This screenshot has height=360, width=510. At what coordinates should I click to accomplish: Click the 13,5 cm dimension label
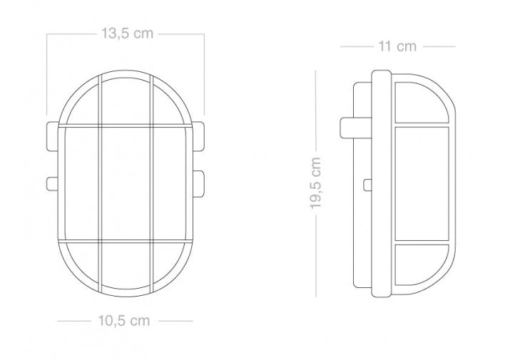[126, 34]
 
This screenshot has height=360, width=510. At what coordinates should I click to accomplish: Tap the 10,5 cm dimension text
[125, 320]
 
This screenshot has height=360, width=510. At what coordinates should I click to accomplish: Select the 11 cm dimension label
[397, 47]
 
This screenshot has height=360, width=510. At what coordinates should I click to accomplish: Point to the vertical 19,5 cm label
[317, 183]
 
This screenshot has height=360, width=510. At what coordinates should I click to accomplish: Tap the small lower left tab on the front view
[51, 183]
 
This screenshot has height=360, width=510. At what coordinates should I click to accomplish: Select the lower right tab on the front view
[198, 183]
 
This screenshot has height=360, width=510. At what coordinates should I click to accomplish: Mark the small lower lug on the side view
[367, 185]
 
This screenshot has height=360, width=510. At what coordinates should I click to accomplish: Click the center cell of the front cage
[126, 185]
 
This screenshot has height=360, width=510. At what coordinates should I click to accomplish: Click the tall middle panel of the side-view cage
[421, 185]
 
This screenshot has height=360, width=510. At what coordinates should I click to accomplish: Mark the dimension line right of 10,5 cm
[175, 321]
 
